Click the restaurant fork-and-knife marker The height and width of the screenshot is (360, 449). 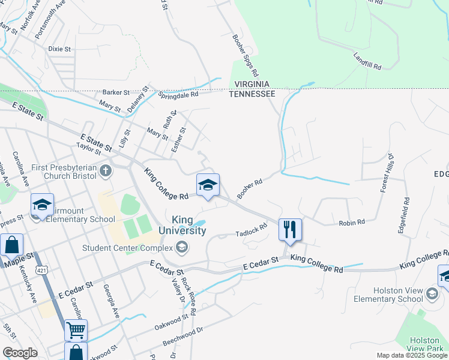point(290,229)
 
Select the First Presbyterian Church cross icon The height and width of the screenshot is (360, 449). point(106,172)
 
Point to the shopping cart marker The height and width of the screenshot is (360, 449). point(76,329)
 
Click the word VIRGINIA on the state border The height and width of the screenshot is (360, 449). point(252,85)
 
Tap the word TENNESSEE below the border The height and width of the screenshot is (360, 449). point(252,94)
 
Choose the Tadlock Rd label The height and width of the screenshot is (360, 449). point(251,230)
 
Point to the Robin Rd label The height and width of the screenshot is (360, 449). point(352,223)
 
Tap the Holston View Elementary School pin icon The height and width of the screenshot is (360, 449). point(432,294)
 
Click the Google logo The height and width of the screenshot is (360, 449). point(20,353)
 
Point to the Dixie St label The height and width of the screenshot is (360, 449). point(60,49)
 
